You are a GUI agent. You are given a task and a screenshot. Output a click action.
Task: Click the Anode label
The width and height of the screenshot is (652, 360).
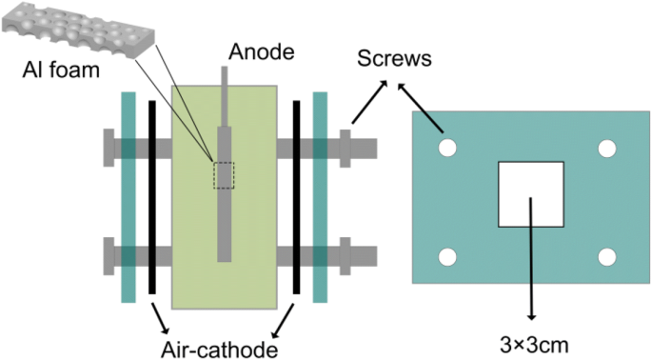coord(262,52)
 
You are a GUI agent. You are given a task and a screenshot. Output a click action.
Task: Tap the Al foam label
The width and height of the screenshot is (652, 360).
coord(61,70)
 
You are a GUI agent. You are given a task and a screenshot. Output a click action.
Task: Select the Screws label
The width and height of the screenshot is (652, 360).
coord(394,59)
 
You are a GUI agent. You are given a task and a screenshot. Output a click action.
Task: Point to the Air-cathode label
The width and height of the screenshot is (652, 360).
coord(220,350)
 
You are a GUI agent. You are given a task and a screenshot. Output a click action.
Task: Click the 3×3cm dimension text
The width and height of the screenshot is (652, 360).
coord(534,345)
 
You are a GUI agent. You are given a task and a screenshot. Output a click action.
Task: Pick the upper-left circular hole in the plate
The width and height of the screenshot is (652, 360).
coord(447,149)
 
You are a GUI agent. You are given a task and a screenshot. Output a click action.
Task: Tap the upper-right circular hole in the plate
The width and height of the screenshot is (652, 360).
coord(607,149)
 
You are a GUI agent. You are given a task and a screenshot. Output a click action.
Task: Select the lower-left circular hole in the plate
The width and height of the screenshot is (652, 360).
coord(447,257)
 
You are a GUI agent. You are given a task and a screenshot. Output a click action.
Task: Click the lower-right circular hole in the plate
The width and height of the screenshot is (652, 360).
coord(607,257)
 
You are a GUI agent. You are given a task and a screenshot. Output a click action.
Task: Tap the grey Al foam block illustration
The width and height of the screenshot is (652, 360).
coord(78,30)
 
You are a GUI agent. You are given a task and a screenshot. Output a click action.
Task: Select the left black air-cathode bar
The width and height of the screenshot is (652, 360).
coord(152,197)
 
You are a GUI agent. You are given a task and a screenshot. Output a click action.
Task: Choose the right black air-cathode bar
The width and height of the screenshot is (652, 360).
coord(296,197)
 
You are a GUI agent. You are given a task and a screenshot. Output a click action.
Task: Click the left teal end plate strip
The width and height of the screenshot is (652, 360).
coord(128,197)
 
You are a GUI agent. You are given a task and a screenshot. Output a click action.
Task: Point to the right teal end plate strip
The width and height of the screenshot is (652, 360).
coord(320,197)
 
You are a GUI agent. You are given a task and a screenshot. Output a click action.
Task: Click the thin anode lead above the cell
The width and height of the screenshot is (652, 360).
coord(225,96)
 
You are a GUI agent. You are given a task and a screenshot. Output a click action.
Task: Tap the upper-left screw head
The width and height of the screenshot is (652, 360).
coord(109,148)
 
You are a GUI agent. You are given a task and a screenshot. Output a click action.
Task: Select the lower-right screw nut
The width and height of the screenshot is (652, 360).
coord(346,256)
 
